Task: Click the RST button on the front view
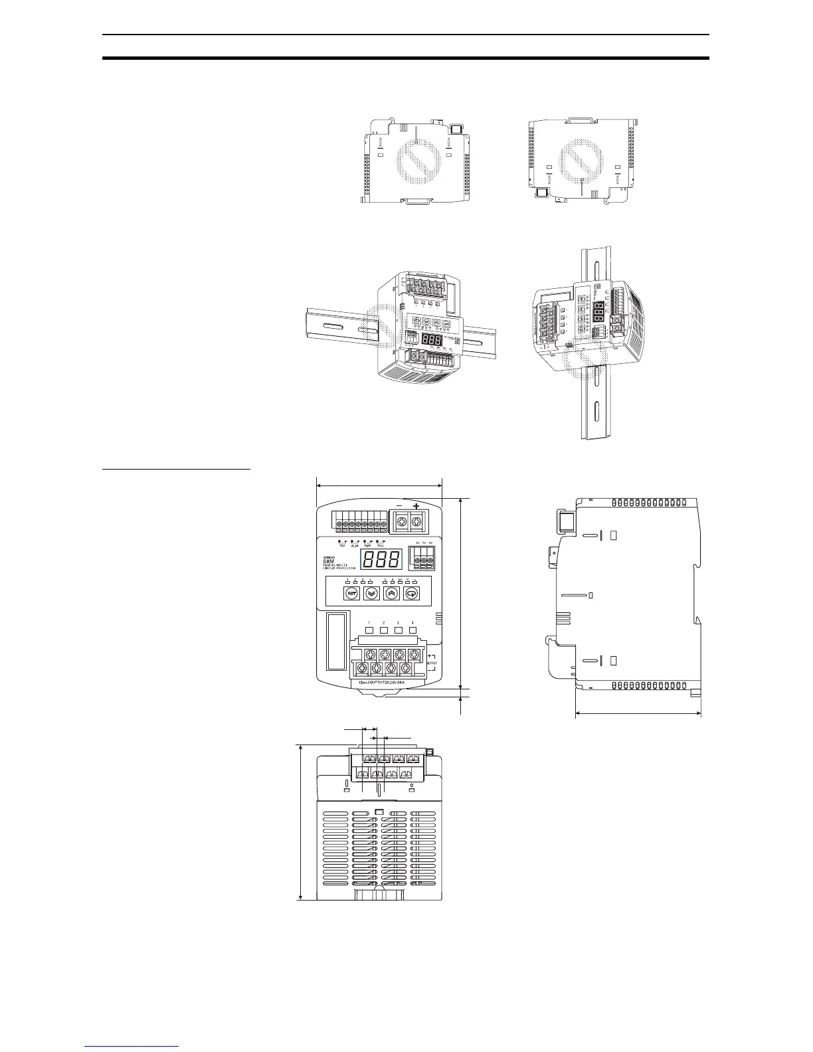point(351,594)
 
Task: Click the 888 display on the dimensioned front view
point(381,559)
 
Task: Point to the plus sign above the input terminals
point(416,507)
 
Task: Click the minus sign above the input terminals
point(399,507)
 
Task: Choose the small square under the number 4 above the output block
point(412,630)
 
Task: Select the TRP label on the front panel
point(343,545)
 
